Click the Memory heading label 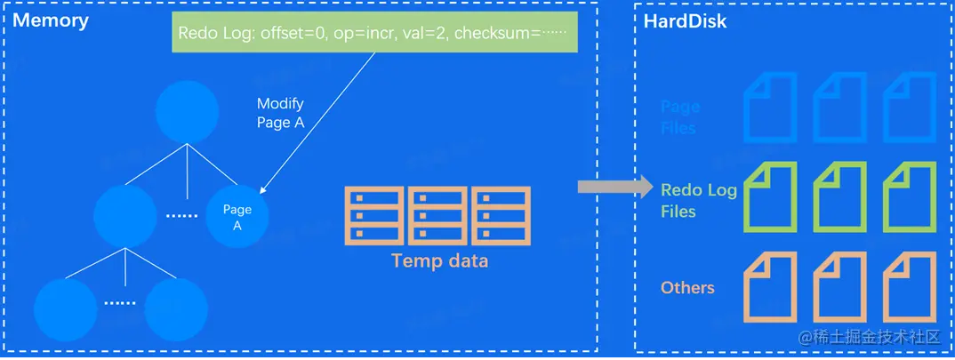pyautogui.click(x=51, y=20)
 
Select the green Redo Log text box pyautogui.click(x=372, y=35)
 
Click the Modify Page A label pyautogui.click(x=280, y=114)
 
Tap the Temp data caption pyautogui.click(x=439, y=261)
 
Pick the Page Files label pyautogui.click(x=680, y=116)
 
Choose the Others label pyautogui.click(x=687, y=287)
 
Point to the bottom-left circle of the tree pyautogui.click(x=64, y=310)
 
